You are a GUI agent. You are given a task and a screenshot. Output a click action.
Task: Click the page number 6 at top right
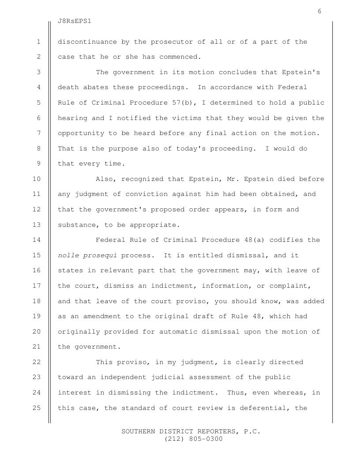point(319,11)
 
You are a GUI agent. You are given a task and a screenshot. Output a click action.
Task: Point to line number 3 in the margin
point(39,72)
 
